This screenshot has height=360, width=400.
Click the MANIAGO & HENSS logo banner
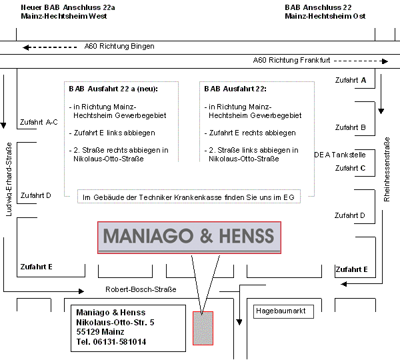pos(189,237)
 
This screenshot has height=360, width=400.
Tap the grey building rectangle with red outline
pos(203,328)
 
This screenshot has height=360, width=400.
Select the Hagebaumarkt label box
pos(283,311)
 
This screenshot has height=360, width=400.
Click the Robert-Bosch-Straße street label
pos(141,289)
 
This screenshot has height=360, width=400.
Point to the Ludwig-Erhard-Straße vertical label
pos(9,179)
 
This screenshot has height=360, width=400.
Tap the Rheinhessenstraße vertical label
pos(387,169)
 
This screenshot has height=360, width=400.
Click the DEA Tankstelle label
pos(340,155)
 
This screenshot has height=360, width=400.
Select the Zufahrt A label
pos(351,80)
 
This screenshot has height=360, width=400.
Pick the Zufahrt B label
pos(350,127)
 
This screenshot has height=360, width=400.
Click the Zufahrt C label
pos(350,168)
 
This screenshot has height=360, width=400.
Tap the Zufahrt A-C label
pos(39,122)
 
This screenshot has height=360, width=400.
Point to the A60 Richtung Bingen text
pos(119,46)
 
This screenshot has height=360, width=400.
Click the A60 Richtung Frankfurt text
pos(291,60)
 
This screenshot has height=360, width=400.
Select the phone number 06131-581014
pos(119,341)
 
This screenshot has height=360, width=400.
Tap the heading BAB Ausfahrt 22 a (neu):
pos(113,89)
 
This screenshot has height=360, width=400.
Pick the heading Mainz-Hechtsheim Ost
pos(325,16)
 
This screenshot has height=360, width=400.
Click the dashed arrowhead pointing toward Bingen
pos(27,47)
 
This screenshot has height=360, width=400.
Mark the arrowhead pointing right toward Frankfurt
pos(385,61)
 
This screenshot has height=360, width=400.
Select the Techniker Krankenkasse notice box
pos(189,197)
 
